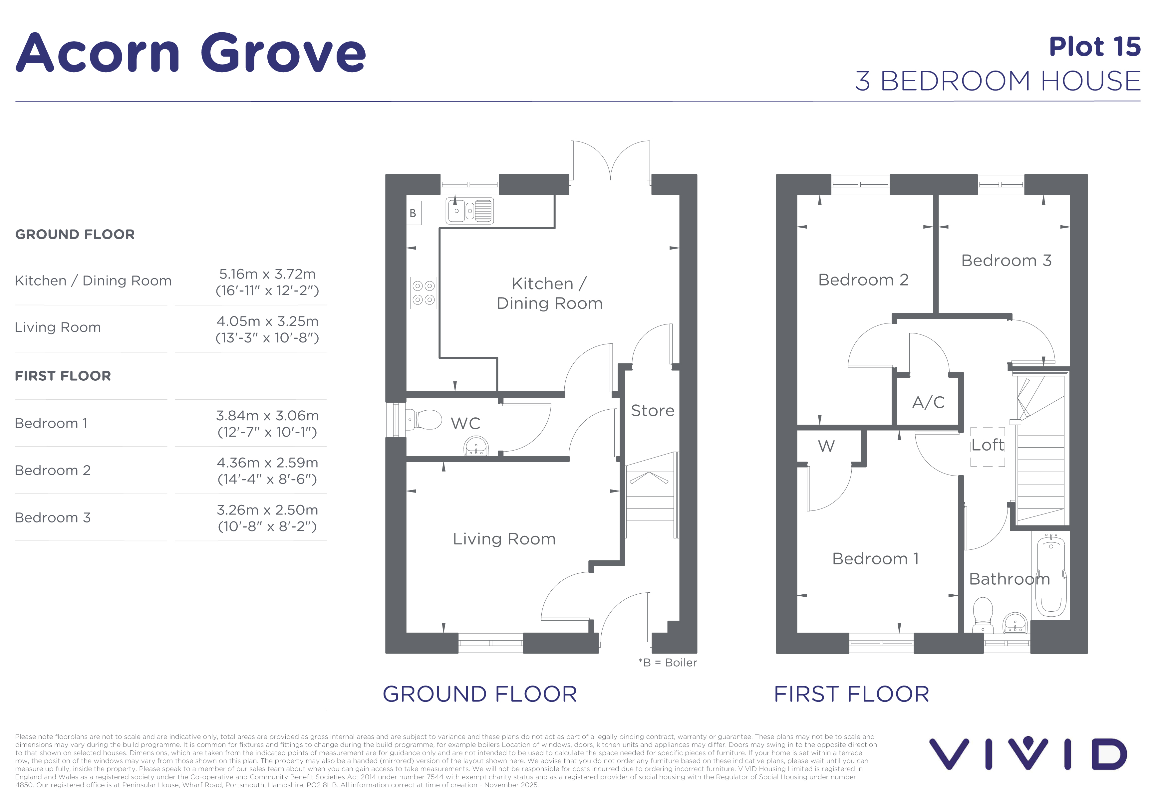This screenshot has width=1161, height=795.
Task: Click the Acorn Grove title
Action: (x=191, y=53)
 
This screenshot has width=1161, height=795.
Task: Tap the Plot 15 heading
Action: (x=1094, y=47)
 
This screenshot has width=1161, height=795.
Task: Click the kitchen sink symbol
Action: (x=469, y=211)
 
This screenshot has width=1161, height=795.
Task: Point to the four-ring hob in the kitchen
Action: (x=424, y=293)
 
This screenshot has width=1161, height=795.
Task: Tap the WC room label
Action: (x=465, y=424)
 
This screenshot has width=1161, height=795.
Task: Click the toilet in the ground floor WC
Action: (x=424, y=420)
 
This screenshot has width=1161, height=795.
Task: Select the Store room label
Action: (x=653, y=411)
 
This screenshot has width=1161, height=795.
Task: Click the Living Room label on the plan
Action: (x=504, y=539)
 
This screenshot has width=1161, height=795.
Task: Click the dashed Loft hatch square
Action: (x=988, y=447)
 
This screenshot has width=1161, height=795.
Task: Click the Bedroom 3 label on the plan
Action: (x=1006, y=261)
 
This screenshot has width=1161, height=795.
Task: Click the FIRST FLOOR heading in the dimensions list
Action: (x=63, y=376)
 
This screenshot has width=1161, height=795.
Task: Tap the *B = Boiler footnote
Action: (x=668, y=663)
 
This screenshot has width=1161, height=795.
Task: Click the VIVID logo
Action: (x=1028, y=754)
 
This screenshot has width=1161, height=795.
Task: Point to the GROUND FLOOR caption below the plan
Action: (x=479, y=694)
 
